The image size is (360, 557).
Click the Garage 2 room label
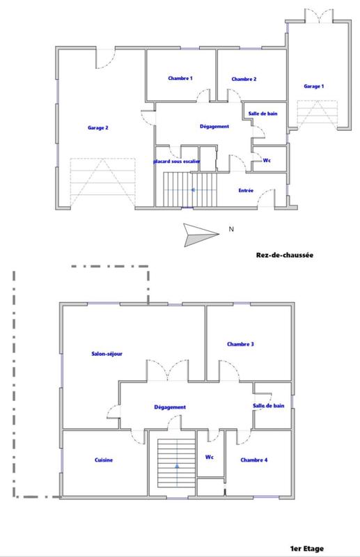click(98, 127)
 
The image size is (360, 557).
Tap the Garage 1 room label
click(314, 86)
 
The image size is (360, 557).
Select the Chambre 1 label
click(180, 79)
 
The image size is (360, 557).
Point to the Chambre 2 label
click(244, 79)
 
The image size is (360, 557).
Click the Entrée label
click(246, 191)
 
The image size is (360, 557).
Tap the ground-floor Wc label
click(267, 161)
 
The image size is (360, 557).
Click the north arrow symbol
click(197, 233)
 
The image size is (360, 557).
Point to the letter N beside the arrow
click(230, 228)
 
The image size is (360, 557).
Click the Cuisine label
click(104, 460)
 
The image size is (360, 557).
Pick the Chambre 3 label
click(240, 344)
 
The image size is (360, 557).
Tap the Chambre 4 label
click(253, 460)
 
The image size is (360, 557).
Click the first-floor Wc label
click(208, 457)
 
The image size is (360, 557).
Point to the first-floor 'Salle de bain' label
click(268, 405)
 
